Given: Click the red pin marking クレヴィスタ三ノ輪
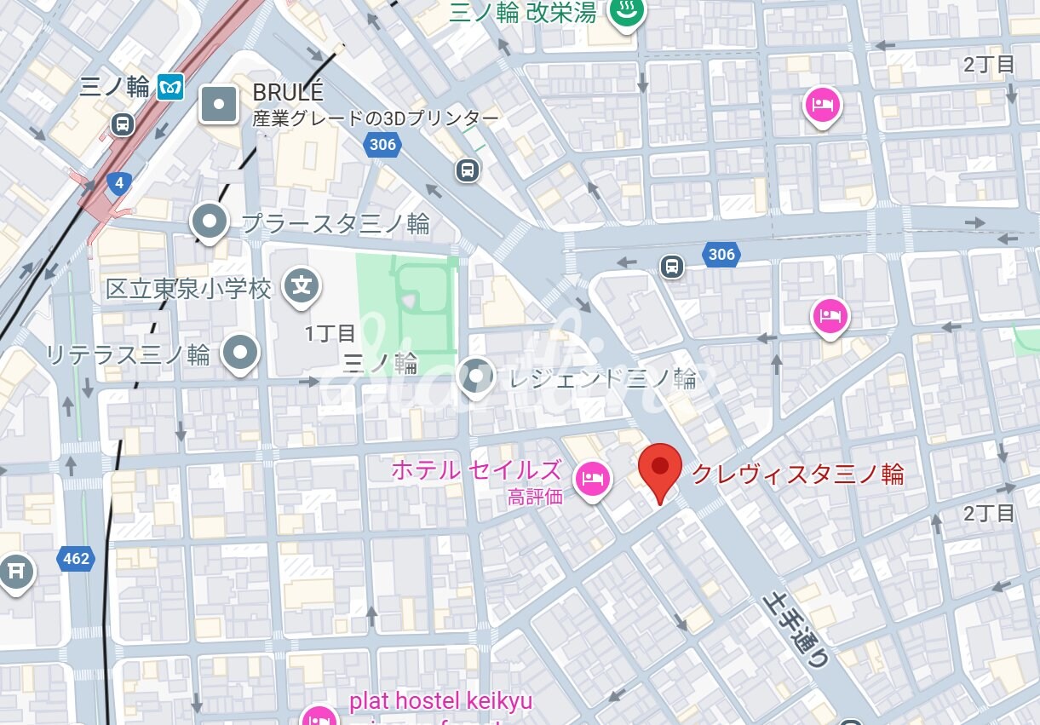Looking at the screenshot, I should click(660, 468).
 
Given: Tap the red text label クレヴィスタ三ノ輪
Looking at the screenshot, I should click(796, 474).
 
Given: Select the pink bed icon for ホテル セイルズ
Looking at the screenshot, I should click(590, 479).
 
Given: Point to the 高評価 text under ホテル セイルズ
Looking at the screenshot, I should click(535, 497).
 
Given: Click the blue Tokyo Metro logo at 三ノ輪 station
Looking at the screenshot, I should click(170, 87).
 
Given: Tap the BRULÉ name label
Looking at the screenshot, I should click(288, 92).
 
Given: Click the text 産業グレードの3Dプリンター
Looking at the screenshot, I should click(376, 118).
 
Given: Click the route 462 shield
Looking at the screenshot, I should click(76, 559).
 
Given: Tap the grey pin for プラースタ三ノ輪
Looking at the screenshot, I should click(209, 222).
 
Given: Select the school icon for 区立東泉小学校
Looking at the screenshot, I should click(302, 286).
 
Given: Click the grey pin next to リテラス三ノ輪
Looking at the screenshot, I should click(240, 353).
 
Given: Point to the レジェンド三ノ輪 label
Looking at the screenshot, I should click(602, 378).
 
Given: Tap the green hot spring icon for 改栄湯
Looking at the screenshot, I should click(628, 12).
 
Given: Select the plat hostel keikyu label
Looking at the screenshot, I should click(440, 701).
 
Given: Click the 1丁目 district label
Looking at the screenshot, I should click(330, 333).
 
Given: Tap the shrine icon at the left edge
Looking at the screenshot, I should click(14, 571).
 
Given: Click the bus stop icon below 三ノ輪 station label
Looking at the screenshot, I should click(123, 124).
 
